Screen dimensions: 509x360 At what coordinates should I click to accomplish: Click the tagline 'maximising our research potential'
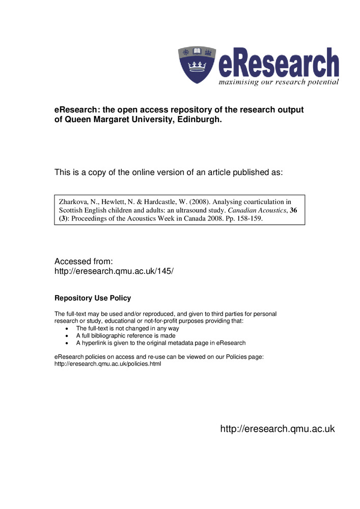point(279,81)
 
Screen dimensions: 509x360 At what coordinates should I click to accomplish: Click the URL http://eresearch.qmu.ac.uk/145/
point(114,271)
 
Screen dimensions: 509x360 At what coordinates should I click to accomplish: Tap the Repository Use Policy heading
point(93,298)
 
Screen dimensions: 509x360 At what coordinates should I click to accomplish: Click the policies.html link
point(107,364)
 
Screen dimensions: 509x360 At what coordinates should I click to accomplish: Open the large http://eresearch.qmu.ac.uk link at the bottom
point(277,429)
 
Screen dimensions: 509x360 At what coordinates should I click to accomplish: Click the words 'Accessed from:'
point(80,261)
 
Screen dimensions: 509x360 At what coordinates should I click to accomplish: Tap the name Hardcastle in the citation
point(152,201)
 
